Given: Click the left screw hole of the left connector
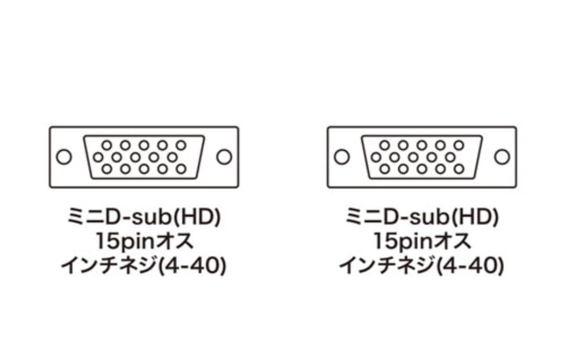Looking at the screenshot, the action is point(64,157).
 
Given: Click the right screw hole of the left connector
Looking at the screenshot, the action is point(224,157).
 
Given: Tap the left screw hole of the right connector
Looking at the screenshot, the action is point(342,157).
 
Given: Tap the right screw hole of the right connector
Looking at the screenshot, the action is point(502,157).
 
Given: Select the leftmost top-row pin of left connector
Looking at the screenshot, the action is point(107,146).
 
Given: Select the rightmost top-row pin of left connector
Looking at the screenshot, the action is point(181,146).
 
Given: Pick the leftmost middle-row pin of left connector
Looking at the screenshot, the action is point(98,157).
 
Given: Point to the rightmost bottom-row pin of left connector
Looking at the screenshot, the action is point(181,169).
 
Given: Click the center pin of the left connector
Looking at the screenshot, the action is point(135,157).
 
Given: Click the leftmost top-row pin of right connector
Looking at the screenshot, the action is point(385,146).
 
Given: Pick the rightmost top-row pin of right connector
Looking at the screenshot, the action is point(459,146).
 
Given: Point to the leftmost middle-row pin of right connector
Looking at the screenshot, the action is point(376,157).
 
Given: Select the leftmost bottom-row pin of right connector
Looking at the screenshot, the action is point(385,169).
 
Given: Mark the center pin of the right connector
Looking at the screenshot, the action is point(413,157).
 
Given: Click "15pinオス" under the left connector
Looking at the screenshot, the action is point(145,241).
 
